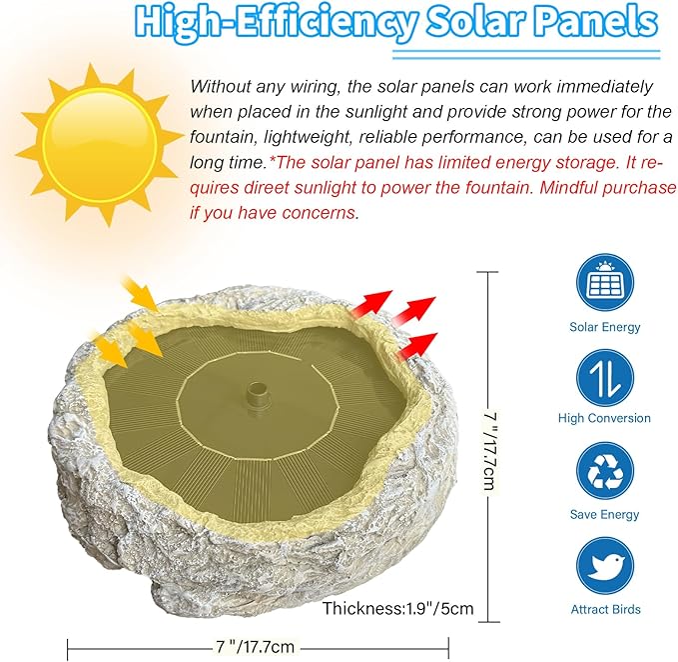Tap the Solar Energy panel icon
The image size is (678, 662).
tap(605, 283)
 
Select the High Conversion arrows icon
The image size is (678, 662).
tap(605, 377)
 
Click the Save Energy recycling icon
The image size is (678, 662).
tap(605, 472)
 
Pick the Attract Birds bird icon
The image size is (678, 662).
tap(605, 567)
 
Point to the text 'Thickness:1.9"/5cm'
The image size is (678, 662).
tap(397, 607)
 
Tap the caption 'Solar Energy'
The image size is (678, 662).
tap(605, 327)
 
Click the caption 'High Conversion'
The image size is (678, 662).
tap(605, 418)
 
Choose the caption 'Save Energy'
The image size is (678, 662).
tap(605, 514)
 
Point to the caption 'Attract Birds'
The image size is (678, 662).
tap(605, 609)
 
